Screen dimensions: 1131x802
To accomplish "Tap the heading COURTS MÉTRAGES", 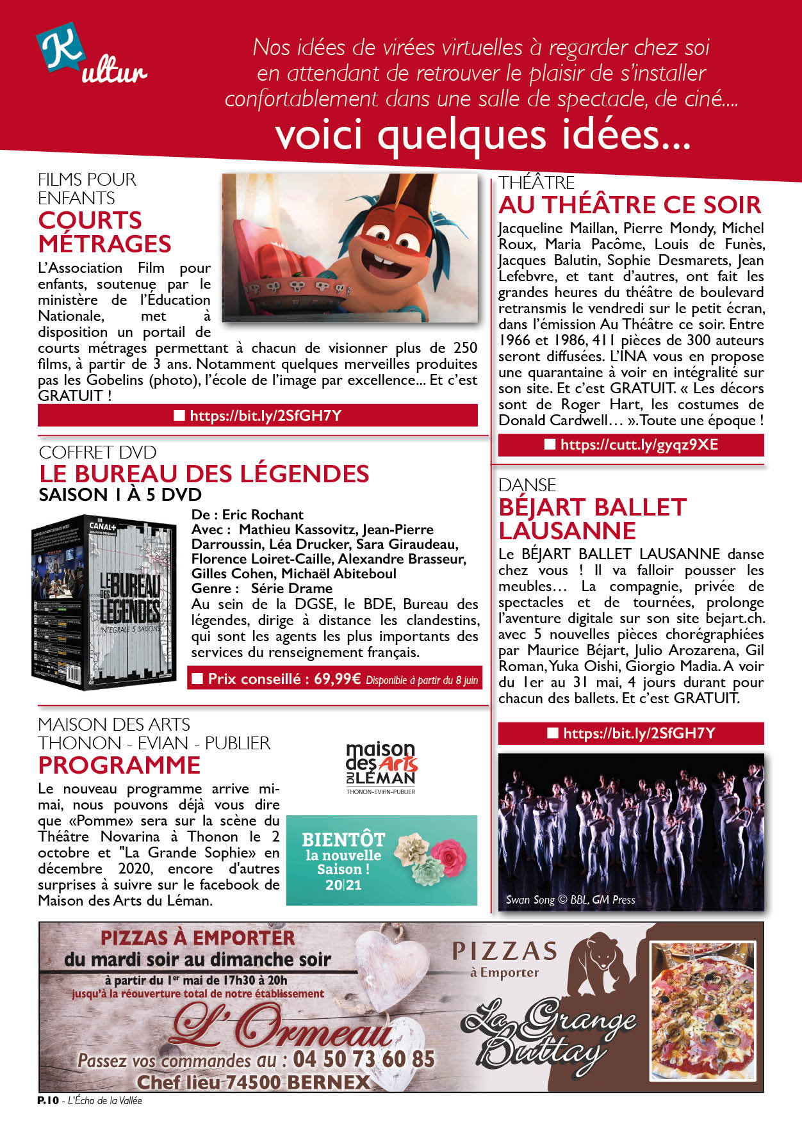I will point(104,232).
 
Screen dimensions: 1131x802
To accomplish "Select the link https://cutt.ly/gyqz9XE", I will point(639,445).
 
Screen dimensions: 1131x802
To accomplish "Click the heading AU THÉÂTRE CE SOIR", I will point(630,205).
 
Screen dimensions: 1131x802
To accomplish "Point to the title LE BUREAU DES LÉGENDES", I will point(204,474).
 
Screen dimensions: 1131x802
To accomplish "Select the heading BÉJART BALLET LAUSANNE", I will point(592,519).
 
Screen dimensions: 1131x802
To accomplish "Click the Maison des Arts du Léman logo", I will point(381,767).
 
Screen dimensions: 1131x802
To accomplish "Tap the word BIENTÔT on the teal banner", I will point(343,839).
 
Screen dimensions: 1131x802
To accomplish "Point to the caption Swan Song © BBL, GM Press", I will point(570,900).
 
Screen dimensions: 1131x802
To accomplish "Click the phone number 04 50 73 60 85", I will point(364,1059).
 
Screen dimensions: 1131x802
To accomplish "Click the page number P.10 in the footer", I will point(47,1100).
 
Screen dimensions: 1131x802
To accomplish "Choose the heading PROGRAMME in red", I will point(119,765).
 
